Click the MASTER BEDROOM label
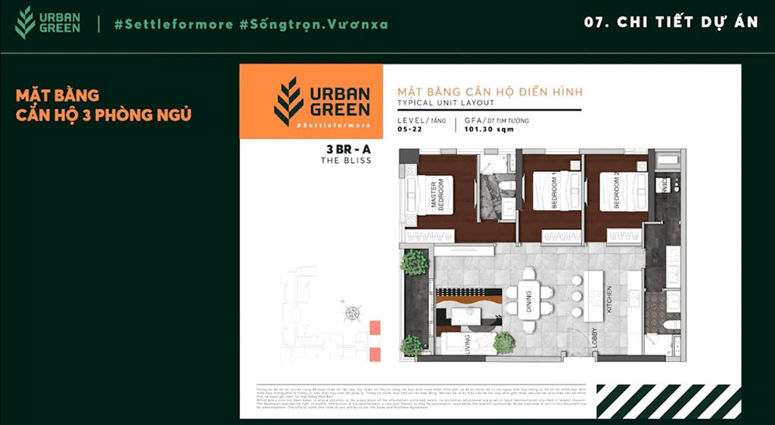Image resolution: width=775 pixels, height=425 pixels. tap(437, 195)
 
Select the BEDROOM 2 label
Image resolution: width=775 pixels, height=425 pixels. tap(616, 191)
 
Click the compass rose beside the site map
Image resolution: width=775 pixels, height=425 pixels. tap(352, 312)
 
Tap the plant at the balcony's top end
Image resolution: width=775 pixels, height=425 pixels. tap(414, 262)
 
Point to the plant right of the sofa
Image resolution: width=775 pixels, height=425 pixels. tap(504, 342)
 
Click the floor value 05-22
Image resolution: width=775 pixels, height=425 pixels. tap(408, 130)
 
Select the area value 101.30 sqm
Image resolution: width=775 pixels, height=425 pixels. tap(489, 130)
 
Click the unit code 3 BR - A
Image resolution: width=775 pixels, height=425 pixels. tap(347, 149)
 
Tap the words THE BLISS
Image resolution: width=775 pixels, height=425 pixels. tap(347, 161)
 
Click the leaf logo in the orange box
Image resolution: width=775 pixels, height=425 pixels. tap(288, 101)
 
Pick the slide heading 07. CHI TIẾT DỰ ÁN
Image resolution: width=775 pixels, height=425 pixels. tap(671, 22)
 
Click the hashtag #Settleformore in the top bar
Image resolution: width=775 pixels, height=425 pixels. tap(173, 24)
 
